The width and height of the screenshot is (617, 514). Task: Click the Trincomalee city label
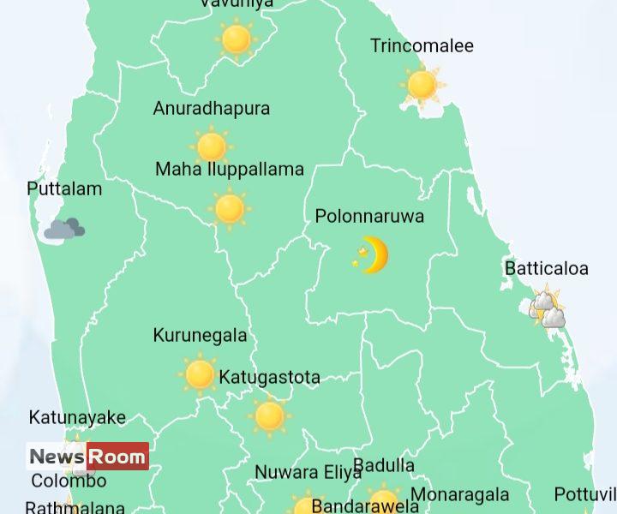point(422,46)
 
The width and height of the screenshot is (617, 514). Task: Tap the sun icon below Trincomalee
point(422,85)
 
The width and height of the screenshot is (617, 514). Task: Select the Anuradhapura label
point(212,109)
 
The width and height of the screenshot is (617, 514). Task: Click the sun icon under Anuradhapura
point(212,146)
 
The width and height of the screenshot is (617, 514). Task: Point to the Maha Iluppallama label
point(230,170)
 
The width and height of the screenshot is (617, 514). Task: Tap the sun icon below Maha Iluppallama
point(230,208)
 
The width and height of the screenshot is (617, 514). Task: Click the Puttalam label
point(64,189)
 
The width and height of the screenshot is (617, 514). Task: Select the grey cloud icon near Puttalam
point(64,228)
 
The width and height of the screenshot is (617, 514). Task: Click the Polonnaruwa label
point(369,217)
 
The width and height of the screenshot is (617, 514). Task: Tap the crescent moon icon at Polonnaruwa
point(372,255)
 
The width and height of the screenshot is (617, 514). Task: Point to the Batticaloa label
point(547,269)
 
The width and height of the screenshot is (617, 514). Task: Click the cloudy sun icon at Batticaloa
point(547,308)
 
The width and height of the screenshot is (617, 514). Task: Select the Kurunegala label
point(200,336)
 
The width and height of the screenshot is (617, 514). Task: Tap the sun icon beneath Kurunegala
point(200,374)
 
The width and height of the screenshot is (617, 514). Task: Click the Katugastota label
point(270,378)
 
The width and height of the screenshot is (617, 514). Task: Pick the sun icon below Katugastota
point(270,416)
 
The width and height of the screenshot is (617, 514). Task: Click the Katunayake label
point(77,418)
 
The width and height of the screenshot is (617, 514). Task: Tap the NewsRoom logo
point(87,457)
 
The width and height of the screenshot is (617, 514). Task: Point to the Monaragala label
point(460,495)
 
